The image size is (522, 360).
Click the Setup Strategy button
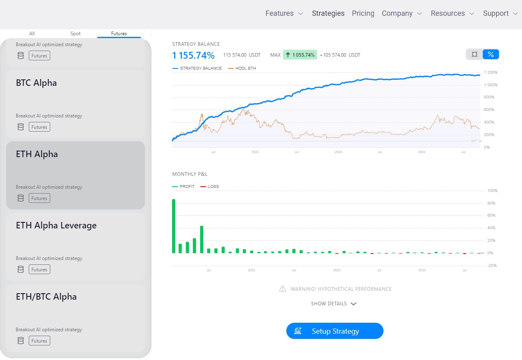pyautogui.click(x=335, y=331)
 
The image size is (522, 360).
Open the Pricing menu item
pyautogui.click(x=363, y=13)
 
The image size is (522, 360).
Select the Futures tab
pyautogui.click(x=119, y=34)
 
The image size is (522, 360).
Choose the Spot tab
pyautogui.click(x=76, y=34)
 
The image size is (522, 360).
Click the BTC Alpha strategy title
pyautogui.click(x=36, y=83)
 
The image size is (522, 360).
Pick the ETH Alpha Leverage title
pyautogui.click(x=56, y=226)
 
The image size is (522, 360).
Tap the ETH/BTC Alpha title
pyautogui.click(x=46, y=297)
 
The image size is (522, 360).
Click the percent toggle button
pyautogui.click(x=491, y=54)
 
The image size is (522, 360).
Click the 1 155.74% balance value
pyautogui.click(x=193, y=55)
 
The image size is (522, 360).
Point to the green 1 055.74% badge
pyautogui.click(x=300, y=55)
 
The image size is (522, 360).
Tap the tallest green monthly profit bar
pyautogui.click(x=174, y=226)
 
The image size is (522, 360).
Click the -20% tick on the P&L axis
pyautogui.click(x=492, y=266)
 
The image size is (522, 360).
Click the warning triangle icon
pyautogui.click(x=283, y=289)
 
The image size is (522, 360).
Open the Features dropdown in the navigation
pyautogui.click(x=284, y=13)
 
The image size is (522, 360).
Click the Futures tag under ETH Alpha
pyautogui.click(x=39, y=198)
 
